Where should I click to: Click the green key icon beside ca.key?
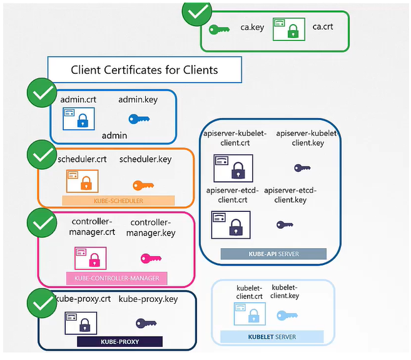[x=219, y=29]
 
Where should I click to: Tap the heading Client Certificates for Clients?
[x=145, y=69]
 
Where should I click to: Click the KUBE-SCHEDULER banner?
[x=118, y=201]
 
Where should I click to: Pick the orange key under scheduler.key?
[x=143, y=185]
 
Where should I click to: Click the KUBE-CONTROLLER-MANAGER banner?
[x=113, y=277]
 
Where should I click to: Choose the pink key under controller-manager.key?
[x=151, y=257]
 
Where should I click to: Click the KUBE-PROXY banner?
[x=119, y=342]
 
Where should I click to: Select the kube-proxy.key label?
[x=148, y=299]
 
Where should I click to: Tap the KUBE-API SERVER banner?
[x=273, y=254]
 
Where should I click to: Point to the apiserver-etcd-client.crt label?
[x=230, y=195]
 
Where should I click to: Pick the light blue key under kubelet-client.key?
[x=287, y=316]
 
